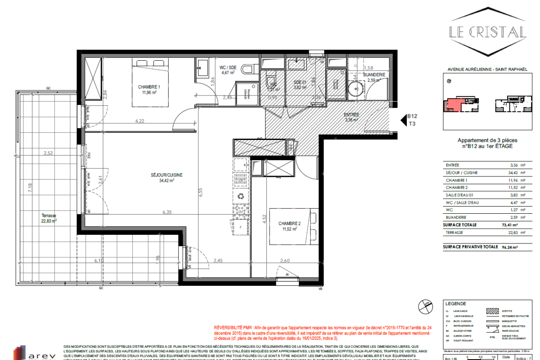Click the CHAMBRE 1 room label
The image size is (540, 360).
pyautogui.click(x=149, y=87)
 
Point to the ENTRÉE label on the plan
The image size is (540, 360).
pyautogui.click(x=351, y=115)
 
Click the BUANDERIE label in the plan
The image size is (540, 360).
pyautogui.click(x=374, y=75)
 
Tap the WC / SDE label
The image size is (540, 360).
pyautogui.click(x=228, y=67)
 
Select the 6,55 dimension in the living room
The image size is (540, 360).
pyautogui.click(x=201, y=192)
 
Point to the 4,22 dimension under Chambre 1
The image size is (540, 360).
pyautogui.click(x=140, y=121)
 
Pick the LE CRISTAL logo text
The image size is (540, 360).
pyautogui.click(x=488, y=32)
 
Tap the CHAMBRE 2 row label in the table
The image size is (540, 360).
pyautogui.click(x=457, y=187)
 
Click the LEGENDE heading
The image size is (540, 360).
pyautogui.click(x=455, y=304)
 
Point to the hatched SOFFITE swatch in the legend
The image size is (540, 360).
pyautogui.click(x=494, y=310)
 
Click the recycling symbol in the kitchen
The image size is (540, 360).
pyautogui.click(x=242, y=196)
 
